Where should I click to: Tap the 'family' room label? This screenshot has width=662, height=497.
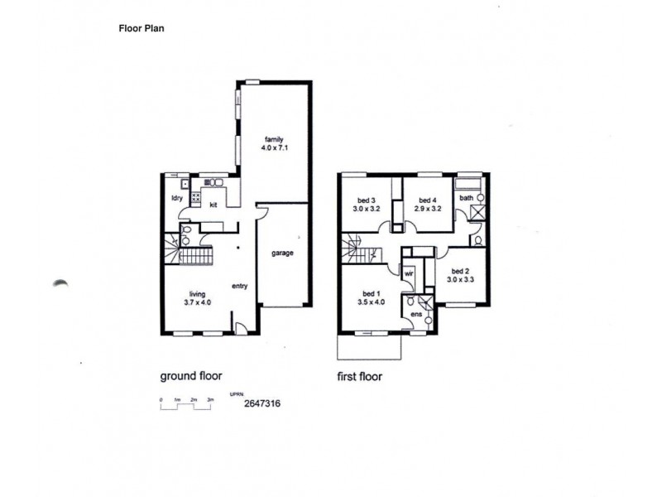pos(275,138)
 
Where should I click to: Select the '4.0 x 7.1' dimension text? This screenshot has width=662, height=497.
pos(275,148)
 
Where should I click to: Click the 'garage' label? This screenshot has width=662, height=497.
pos(282,253)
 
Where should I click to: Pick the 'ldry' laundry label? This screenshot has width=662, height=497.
pos(176,198)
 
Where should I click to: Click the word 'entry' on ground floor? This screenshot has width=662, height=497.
pos(240,287)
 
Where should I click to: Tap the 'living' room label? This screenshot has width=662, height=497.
pos(197,293)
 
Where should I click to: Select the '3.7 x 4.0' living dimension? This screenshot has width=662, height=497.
pos(197,303)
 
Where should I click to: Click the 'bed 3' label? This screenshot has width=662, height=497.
pos(367,200)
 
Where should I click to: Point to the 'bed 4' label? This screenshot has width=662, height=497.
pos(427,200)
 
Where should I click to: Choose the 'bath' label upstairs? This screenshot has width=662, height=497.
pos(467,198)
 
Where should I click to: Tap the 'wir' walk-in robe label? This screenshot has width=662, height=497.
pos(409,272)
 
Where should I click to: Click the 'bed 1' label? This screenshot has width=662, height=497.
pos(371,292)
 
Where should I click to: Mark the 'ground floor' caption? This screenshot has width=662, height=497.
pos(190,375)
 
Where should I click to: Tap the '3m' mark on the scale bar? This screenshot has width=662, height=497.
pos(211,400)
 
